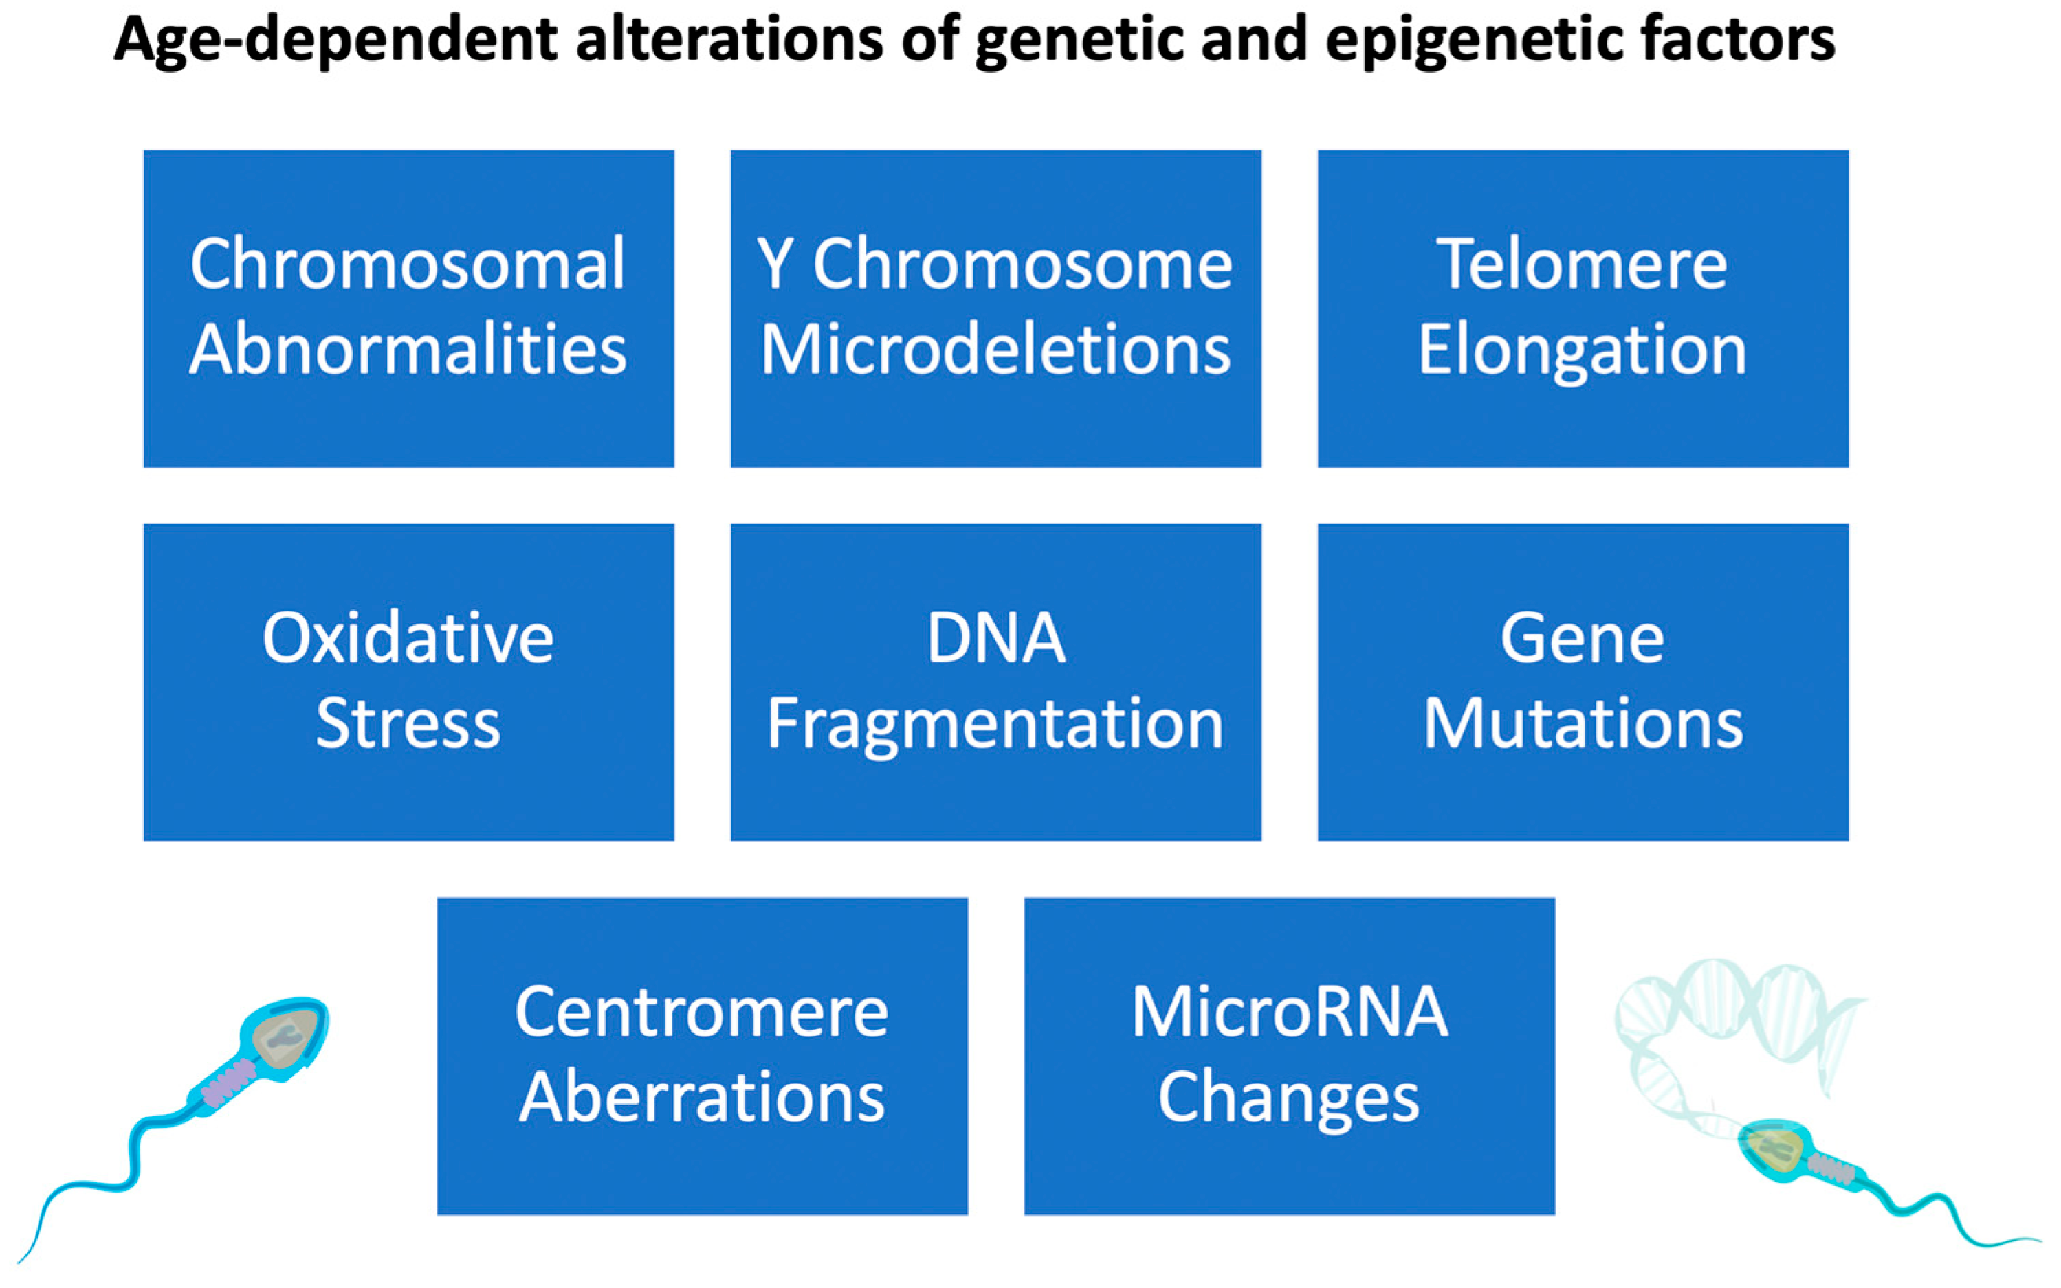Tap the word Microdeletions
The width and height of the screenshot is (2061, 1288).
(x=995, y=350)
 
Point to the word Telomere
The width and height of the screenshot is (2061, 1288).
(x=1581, y=265)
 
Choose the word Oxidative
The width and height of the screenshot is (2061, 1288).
(x=408, y=638)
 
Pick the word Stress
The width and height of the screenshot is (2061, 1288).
(x=408, y=723)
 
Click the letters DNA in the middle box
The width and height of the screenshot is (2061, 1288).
(x=995, y=638)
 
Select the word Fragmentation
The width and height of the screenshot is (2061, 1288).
(x=995, y=725)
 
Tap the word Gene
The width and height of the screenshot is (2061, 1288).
(x=1581, y=638)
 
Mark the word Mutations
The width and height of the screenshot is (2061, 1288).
(x=1582, y=723)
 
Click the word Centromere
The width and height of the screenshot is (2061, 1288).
(x=701, y=1012)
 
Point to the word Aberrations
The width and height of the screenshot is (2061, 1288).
(x=701, y=1097)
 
